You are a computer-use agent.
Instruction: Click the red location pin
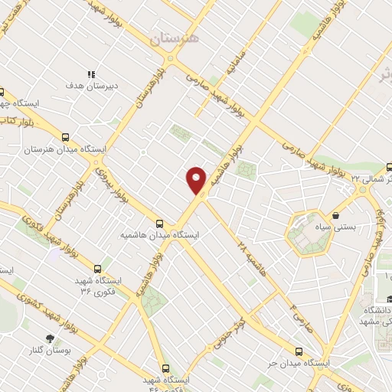click(x=198, y=180)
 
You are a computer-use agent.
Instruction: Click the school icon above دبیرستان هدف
click(x=90, y=75)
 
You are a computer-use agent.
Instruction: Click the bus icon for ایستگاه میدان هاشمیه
click(x=159, y=224)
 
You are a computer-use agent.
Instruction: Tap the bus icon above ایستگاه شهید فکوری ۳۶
click(x=97, y=269)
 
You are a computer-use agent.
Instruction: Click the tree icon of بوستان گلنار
click(x=51, y=338)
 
